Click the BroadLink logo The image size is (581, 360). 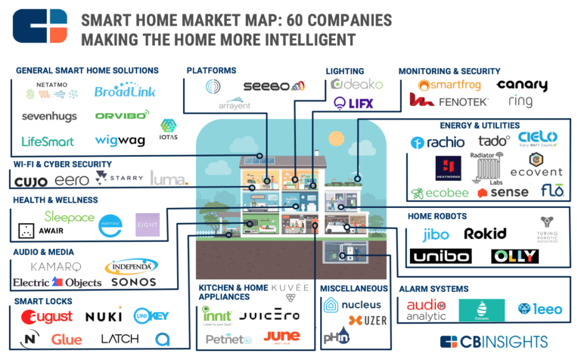point(125,92)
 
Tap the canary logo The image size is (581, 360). point(522,84)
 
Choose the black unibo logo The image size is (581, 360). point(440,256)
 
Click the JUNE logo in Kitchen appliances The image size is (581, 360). point(282,337)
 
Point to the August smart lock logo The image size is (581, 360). point(46,316)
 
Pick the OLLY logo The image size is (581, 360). point(514,256)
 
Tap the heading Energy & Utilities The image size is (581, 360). point(479,125)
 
